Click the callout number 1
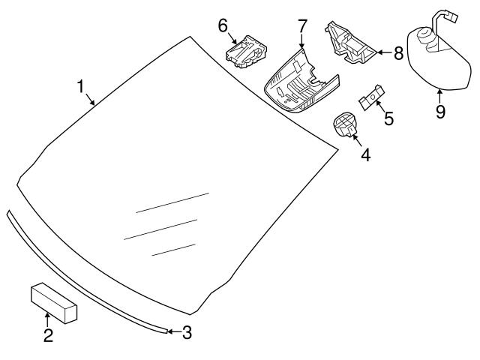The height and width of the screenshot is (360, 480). click(80, 87)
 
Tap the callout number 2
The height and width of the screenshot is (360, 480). click(48, 335)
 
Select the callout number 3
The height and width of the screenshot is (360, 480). click(187, 332)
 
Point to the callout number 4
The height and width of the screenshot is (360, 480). click(366, 155)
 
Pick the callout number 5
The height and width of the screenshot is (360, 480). click(388, 118)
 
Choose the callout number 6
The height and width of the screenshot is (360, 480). click(223, 25)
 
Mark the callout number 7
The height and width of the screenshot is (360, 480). click(302, 25)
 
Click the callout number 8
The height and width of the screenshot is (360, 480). click(399, 53)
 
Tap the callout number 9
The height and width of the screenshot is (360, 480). click(440, 112)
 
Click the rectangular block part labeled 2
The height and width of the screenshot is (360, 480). click(54, 302)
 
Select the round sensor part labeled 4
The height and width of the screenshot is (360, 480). click(345, 124)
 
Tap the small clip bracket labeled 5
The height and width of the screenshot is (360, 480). click(372, 97)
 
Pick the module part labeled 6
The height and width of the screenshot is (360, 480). click(246, 52)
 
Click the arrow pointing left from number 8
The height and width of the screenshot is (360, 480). click(384, 52)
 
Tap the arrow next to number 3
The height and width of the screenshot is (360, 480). click(175, 331)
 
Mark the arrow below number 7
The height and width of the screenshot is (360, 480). click(301, 41)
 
